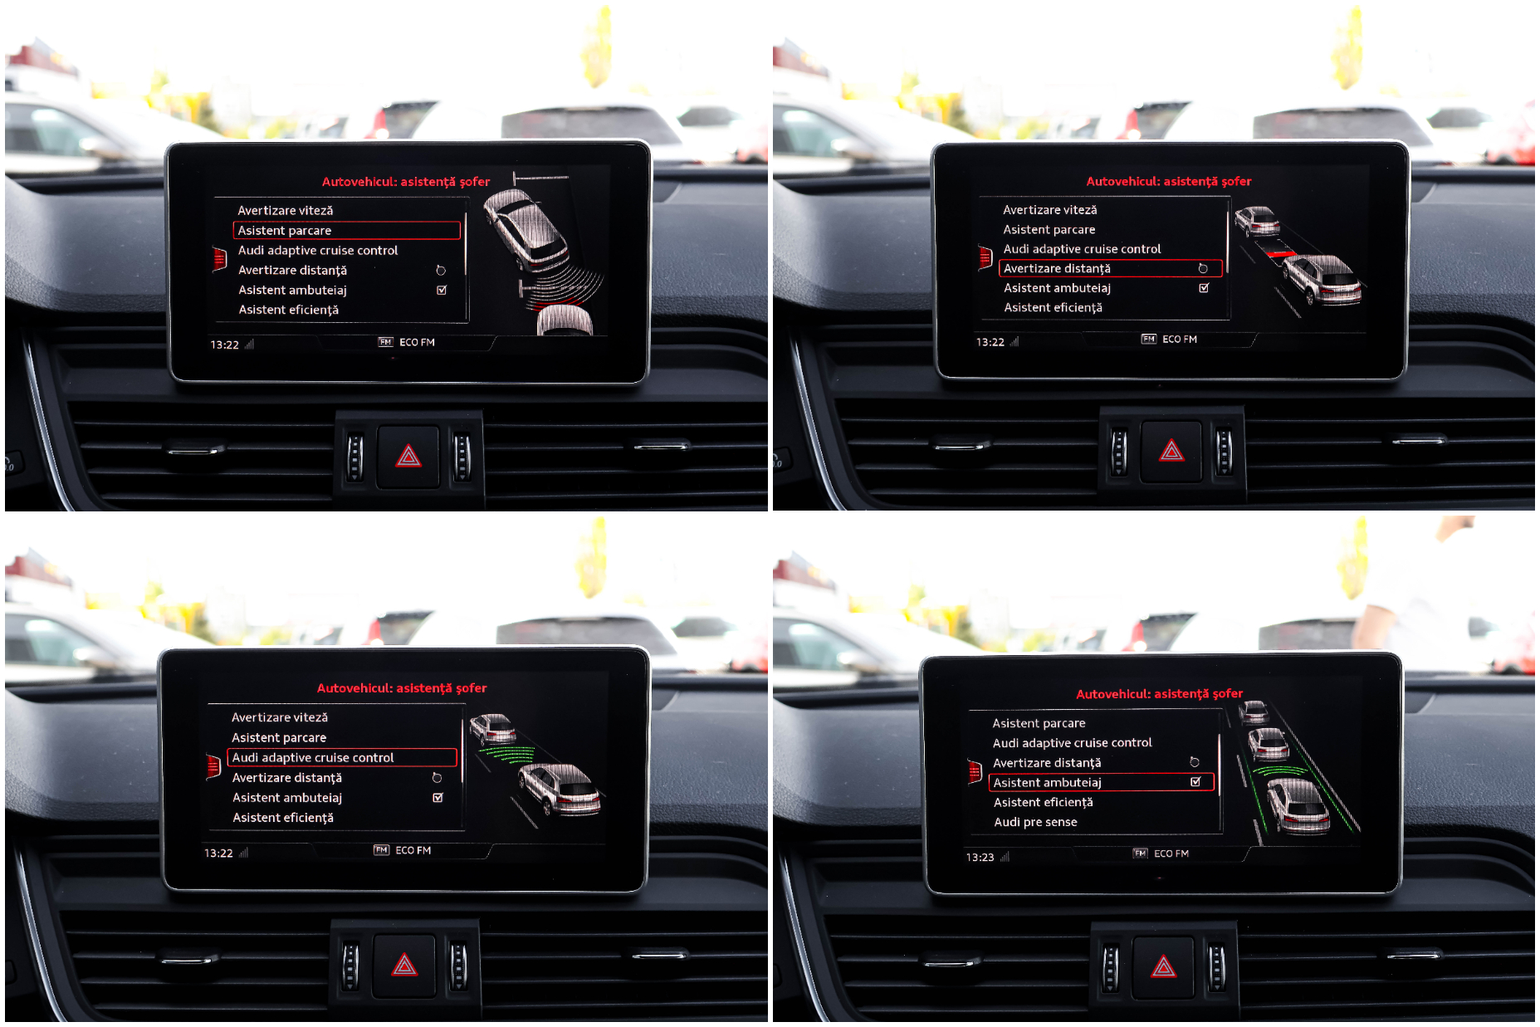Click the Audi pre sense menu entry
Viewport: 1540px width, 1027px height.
click(1035, 822)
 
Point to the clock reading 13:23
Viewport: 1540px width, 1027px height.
click(980, 857)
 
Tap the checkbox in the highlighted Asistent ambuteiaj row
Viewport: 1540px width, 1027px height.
click(1195, 781)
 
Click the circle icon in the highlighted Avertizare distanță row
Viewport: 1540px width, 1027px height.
click(1202, 268)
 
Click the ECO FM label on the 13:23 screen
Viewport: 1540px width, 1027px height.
click(1171, 853)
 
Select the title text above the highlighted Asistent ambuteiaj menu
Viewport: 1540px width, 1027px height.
click(1159, 694)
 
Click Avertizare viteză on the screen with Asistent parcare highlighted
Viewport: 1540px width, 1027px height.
click(286, 211)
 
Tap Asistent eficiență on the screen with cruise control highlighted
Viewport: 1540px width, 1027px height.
click(283, 818)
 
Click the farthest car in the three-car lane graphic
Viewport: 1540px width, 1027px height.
click(1254, 712)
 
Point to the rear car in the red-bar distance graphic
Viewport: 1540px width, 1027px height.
click(1322, 279)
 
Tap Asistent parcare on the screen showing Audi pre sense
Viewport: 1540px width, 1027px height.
click(1039, 723)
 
